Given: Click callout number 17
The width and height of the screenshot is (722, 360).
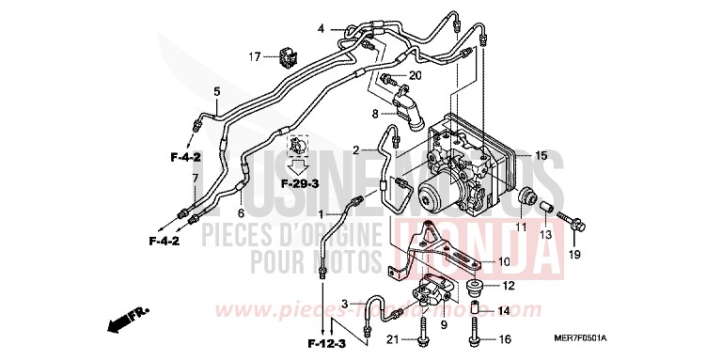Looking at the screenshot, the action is [x=254, y=57].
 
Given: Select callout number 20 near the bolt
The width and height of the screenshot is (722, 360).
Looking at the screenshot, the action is [x=415, y=75].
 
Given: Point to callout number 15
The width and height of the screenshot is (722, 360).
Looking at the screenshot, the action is [x=541, y=155].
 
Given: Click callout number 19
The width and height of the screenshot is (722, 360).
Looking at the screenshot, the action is [x=574, y=255].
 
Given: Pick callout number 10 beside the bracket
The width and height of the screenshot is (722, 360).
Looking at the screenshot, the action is [x=504, y=261].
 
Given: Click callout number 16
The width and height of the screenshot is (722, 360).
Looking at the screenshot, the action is [x=504, y=338].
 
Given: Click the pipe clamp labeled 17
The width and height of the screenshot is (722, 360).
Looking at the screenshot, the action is [x=285, y=57].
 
